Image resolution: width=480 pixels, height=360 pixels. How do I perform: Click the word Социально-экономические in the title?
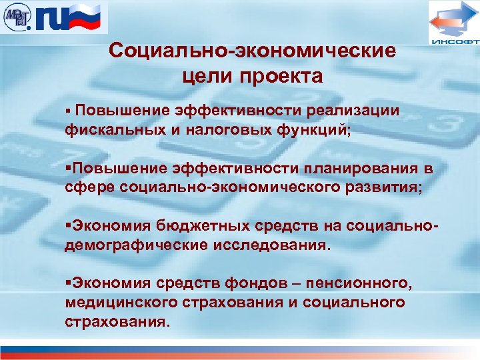point(253,51)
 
